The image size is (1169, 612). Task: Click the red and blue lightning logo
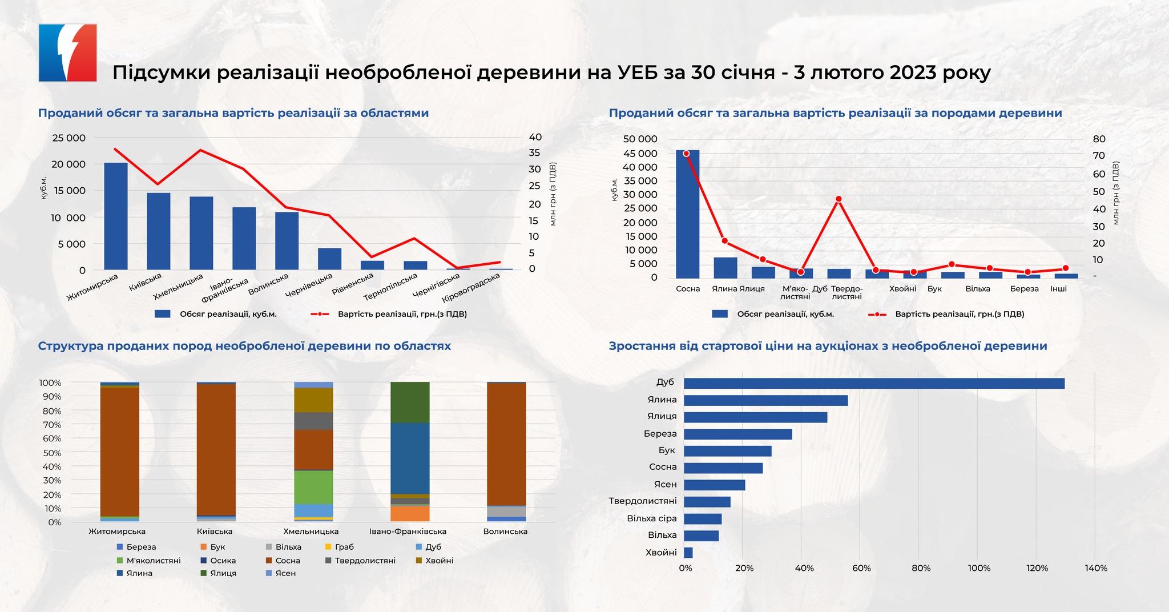tap(67, 53)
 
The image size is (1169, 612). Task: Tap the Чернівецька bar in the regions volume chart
tap(329, 259)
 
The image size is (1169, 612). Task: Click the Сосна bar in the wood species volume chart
tap(687, 214)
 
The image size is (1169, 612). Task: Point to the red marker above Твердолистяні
tap(839, 199)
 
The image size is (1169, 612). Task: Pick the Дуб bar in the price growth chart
tap(873, 383)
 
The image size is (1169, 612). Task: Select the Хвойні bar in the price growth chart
tap(688, 553)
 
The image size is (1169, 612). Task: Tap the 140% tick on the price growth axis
tap(1095, 568)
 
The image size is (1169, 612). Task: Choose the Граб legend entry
tap(344, 547)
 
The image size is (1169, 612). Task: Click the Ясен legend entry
tap(285, 573)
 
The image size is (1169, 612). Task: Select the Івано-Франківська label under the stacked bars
tap(408, 532)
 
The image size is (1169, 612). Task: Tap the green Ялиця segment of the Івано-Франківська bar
tap(410, 402)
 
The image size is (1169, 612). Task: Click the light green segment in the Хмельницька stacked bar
tap(313, 487)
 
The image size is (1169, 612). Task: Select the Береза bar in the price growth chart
tap(737, 434)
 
